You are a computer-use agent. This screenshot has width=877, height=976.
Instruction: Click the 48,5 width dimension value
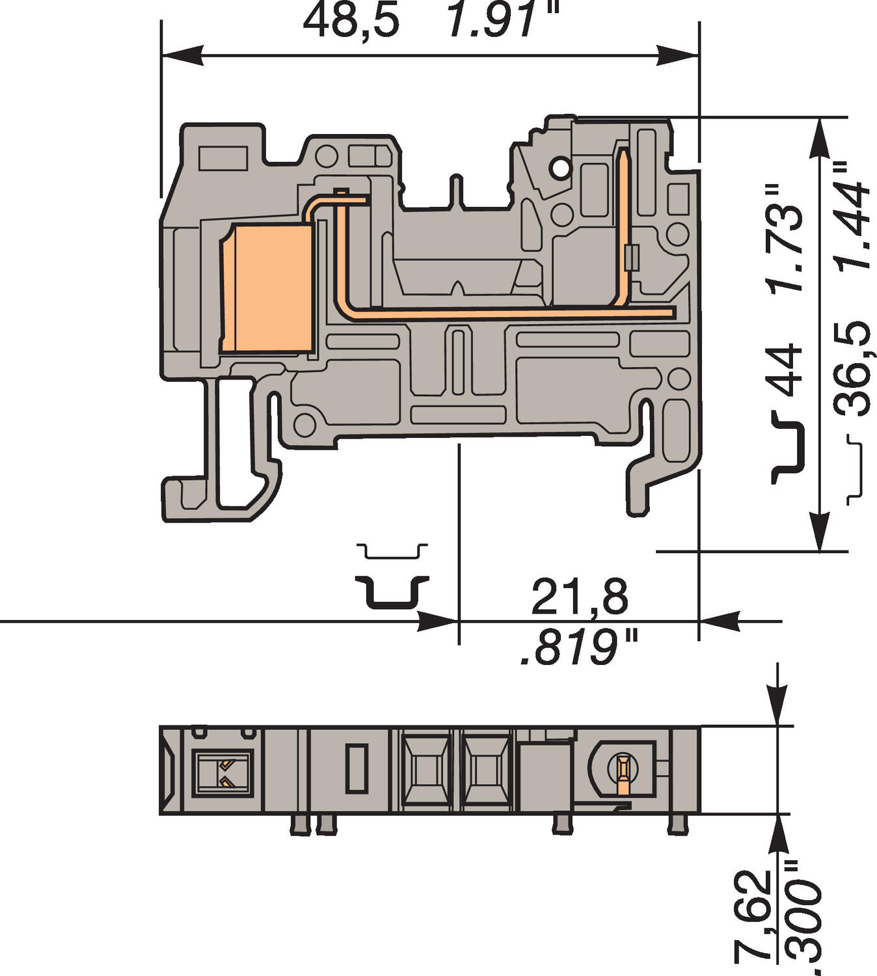pyautogui.click(x=351, y=21)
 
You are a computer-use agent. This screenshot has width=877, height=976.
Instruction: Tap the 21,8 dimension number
pyautogui.click(x=580, y=597)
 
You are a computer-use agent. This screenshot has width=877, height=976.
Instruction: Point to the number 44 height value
pyautogui.click(x=785, y=370)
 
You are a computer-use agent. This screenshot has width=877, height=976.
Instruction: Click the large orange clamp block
pyautogui.click(x=267, y=288)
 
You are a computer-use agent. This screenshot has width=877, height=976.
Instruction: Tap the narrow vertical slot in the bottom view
pyautogui.click(x=355, y=768)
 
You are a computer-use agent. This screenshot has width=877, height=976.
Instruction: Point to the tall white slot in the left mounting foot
pyautogui.click(x=235, y=442)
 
